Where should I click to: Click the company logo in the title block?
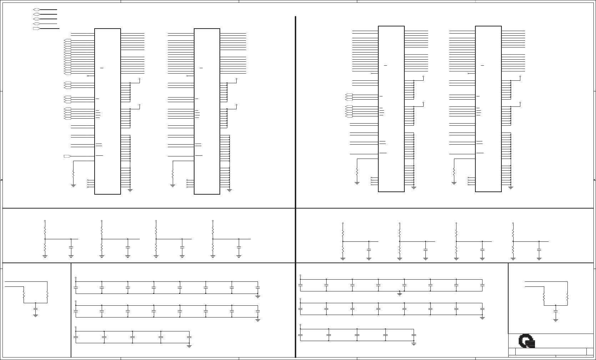[x=527, y=341]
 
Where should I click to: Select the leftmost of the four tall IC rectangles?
[x=107, y=111]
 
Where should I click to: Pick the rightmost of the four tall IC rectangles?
[x=488, y=109]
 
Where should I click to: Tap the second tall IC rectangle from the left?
[x=207, y=111]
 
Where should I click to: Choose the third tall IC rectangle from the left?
[x=391, y=109]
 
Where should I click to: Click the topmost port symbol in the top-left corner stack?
[x=36, y=10]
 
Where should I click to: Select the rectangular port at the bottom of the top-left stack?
[x=36, y=28]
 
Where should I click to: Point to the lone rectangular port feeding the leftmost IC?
[x=67, y=156]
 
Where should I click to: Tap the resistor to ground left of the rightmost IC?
[x=454, y=172]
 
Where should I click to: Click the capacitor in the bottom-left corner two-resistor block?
[x=35, y=308]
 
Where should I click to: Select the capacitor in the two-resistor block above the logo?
[x=555, y=311]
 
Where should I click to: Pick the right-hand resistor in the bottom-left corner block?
[x=47, y=296]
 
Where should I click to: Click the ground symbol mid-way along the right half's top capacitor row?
[x=400, y=294]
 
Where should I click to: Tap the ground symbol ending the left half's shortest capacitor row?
[x=189, y=346]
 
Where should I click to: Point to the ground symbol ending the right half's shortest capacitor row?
[x=414, y=344]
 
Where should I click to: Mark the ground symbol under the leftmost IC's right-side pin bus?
[x=130, y=190]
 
